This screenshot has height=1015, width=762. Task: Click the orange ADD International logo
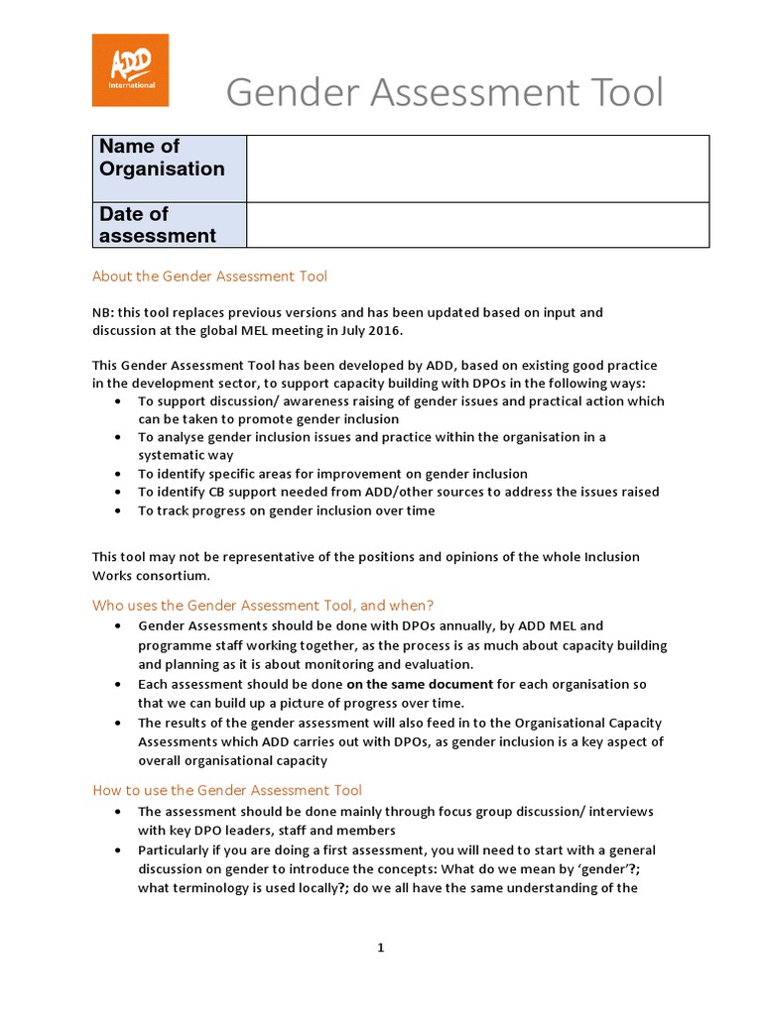(x=130, y=70)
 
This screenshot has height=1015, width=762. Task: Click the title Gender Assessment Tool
(x=444, y=93)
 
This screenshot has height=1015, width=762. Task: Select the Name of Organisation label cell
(x=170, y=169)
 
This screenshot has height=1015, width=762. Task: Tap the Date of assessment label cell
(x=170, y=225)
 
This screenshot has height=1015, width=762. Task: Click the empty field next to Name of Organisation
(x=477, y=169)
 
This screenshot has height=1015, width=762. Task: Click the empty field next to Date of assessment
(x=477, y=225)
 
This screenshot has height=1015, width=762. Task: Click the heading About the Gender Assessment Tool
(x=209, y=277)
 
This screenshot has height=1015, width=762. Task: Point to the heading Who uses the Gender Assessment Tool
(x=263, y=605)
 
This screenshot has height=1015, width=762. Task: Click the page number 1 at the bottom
(x=380, y=948)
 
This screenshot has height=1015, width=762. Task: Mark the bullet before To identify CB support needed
(x=119, y=493)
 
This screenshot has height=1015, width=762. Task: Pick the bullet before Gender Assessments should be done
(x=119, y=626)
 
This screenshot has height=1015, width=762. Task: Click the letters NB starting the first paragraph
(x=102, y=312)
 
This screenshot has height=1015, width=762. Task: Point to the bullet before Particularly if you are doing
(x=119, y=850)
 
